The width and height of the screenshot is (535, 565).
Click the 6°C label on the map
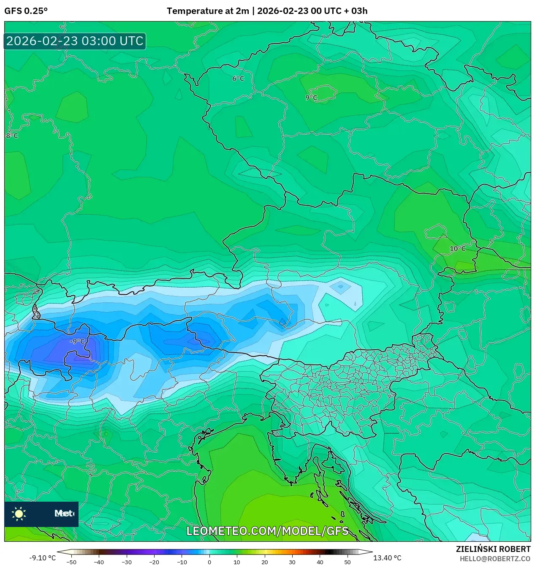[238, 79]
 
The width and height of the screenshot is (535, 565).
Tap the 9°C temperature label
[311, 98]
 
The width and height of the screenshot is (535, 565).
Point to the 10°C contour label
[457, 249]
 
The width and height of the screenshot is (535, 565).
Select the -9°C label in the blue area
[77, 341]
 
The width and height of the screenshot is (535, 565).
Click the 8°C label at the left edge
[11, 136]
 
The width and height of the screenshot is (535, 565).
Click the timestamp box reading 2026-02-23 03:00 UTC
[75, 41]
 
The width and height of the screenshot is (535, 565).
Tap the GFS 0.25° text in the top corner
[26, 11]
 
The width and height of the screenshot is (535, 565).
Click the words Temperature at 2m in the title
[208, 11]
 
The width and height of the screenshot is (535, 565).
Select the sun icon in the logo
[19, 513]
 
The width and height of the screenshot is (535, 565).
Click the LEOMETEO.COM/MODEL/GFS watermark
[267, 531]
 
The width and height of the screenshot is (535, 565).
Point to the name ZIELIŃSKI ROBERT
[493, 549]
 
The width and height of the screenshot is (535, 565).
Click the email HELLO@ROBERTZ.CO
[495, 559]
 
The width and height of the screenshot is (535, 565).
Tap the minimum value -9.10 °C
[43, 558]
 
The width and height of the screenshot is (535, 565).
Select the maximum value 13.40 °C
[387, 558]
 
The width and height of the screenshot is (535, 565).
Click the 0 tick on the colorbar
[209, 562]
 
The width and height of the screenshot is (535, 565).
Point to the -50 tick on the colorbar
[71, 562]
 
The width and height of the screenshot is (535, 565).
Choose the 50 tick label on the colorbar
[347, 562]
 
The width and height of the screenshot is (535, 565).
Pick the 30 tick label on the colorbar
[292, 562]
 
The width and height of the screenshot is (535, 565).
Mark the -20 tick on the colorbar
[154, 562]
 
